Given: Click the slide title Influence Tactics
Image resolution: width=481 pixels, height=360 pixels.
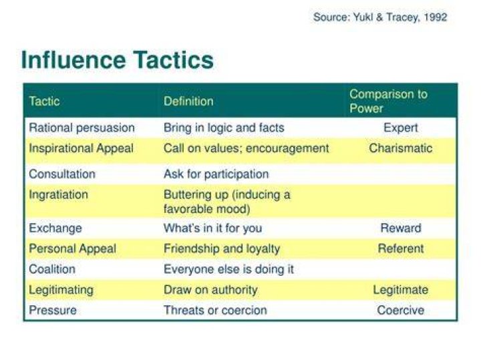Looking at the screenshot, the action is (x=117, y=60).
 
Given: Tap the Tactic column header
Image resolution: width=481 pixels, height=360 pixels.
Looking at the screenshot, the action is (x=44, y=102).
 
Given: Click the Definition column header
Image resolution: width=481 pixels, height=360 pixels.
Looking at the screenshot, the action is (x=188, y=102).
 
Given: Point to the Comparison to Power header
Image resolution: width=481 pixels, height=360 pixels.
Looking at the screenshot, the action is (x=388, y=101).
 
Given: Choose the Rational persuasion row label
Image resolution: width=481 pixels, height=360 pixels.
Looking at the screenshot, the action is (x=82, y=128).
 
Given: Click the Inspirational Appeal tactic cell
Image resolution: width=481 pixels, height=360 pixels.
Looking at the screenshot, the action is (x=81, y=148).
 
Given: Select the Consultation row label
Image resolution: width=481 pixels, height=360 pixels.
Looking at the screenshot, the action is (x=62, y=174).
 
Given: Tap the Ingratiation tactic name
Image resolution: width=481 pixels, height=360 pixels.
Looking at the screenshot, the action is (x=58, y=195).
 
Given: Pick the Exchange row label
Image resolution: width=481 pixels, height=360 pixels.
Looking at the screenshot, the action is (x=55, y=228).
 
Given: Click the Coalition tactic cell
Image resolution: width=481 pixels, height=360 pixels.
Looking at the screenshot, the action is (x=52, y=269).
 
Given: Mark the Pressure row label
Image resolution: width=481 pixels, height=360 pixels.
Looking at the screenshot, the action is (x=53, y=311).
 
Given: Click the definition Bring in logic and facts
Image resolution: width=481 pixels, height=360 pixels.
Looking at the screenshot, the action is (x=224, y=128).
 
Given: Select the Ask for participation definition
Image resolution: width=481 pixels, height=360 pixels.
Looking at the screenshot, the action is (x=216, y=174).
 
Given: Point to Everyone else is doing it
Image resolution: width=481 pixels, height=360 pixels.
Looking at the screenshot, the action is (x=228, y=270).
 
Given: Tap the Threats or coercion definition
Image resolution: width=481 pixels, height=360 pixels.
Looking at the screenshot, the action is (x=215, y=311).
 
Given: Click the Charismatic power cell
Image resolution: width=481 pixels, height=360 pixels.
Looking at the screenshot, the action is (x=401, y=148).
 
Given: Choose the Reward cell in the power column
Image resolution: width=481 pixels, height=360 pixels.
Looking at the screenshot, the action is (x=401, y=228).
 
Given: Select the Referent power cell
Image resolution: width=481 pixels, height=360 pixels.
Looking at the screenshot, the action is (x=401, y=248).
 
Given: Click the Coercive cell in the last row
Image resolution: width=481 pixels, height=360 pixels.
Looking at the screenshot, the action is (x=401, y=311).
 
